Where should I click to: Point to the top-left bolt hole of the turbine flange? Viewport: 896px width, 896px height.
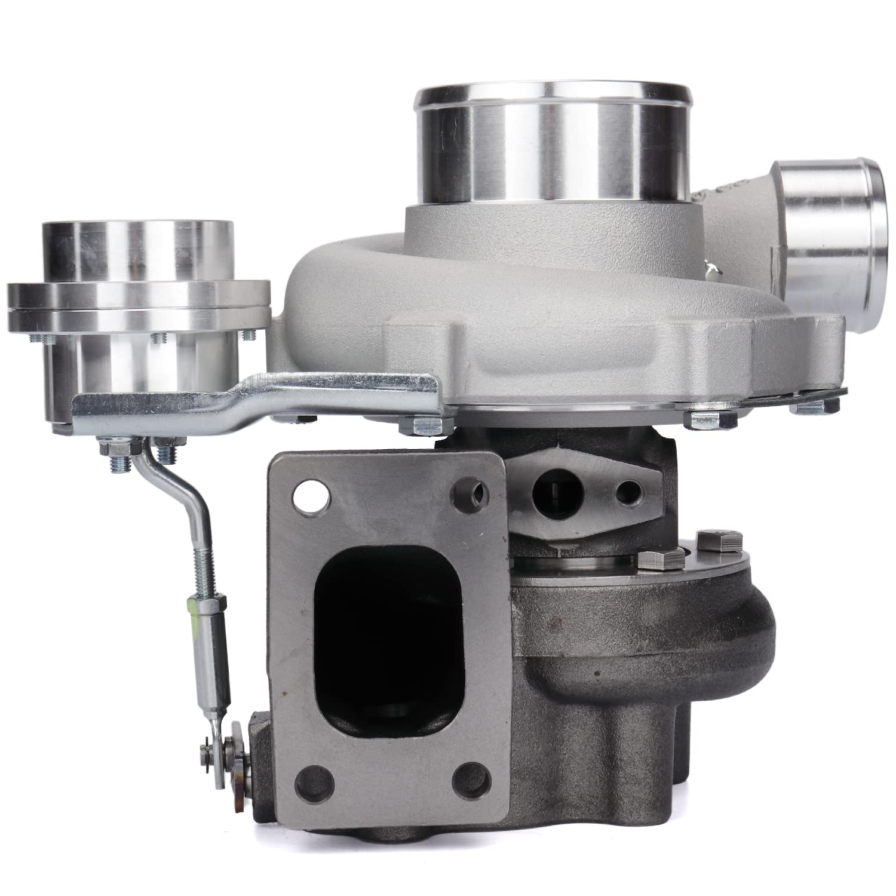[x=312, y=497]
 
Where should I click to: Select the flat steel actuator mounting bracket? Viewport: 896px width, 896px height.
[x=257, y=397]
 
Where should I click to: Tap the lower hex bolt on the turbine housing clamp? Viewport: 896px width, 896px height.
[x=660, y=561]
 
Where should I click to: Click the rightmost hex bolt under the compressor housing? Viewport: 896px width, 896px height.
[x=812, y=406]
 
